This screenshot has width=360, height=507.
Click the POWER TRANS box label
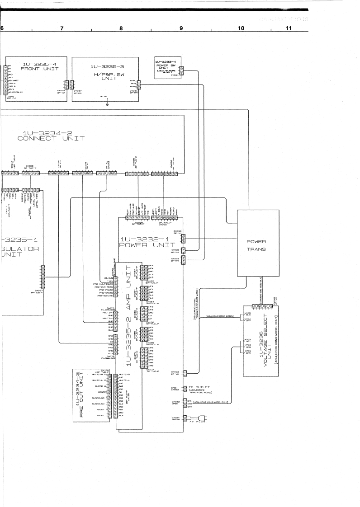pos(256,245)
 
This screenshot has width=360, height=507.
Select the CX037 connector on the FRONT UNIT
pos(66,85)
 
